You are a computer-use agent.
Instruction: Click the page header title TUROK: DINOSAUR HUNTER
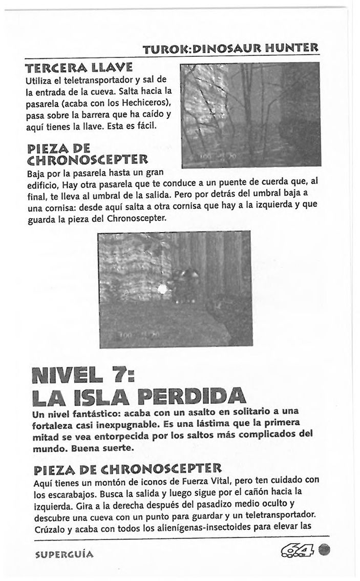(231, 50)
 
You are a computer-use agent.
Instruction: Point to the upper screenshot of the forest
(250, 115)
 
